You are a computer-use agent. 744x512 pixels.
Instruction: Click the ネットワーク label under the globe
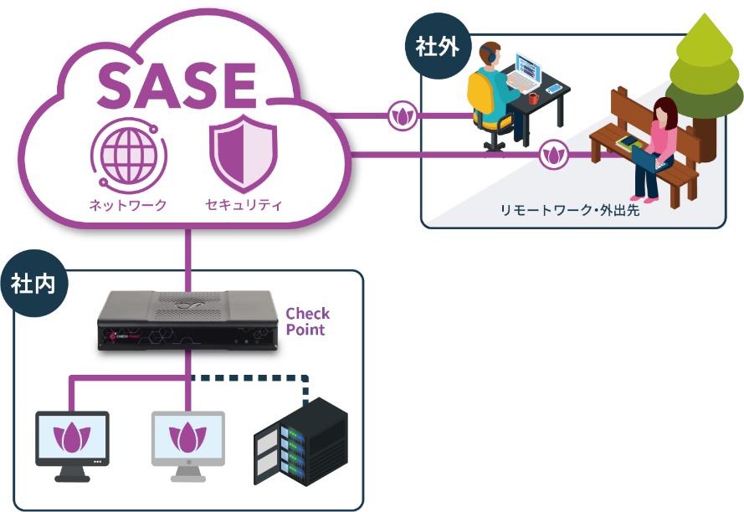coord(128,204)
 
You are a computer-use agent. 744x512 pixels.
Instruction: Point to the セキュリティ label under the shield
coord(244,204)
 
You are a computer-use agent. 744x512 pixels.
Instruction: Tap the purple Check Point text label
coord(307,321)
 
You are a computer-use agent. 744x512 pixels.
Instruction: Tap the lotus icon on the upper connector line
coord(403,116)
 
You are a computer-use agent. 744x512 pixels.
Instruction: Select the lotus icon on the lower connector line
coord(553,155)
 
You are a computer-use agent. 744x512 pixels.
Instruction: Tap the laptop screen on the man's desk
coord(528,67)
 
